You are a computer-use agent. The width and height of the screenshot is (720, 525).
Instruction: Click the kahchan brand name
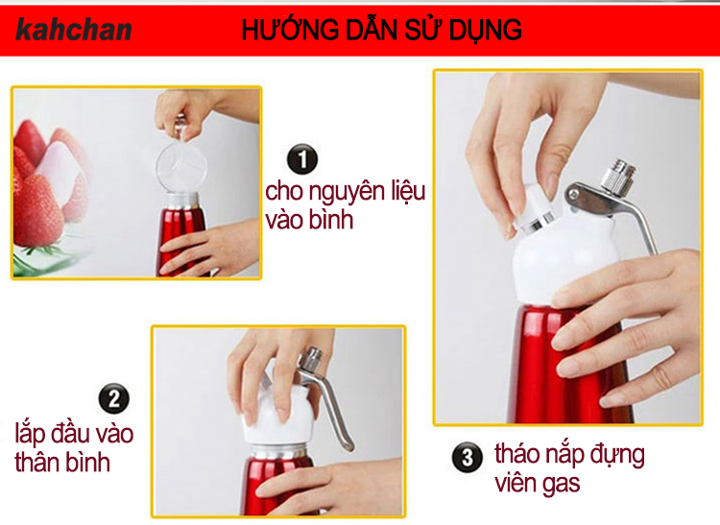(x=74, y=30)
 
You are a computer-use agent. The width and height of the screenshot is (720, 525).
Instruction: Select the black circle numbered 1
(x=302, y=159)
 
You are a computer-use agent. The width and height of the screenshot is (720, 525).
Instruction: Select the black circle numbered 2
(x=114, y=398)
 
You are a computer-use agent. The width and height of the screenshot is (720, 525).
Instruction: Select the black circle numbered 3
(x=467, y=457)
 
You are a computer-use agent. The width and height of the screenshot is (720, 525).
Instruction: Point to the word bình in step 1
(x=331, y=220)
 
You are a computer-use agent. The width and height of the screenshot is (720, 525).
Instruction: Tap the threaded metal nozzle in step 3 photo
(x=618, y=176)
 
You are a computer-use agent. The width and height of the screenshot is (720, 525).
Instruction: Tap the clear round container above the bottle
(x=180, y=166)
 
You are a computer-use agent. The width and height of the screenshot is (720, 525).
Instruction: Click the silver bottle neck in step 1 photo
(x=182, y=201)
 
